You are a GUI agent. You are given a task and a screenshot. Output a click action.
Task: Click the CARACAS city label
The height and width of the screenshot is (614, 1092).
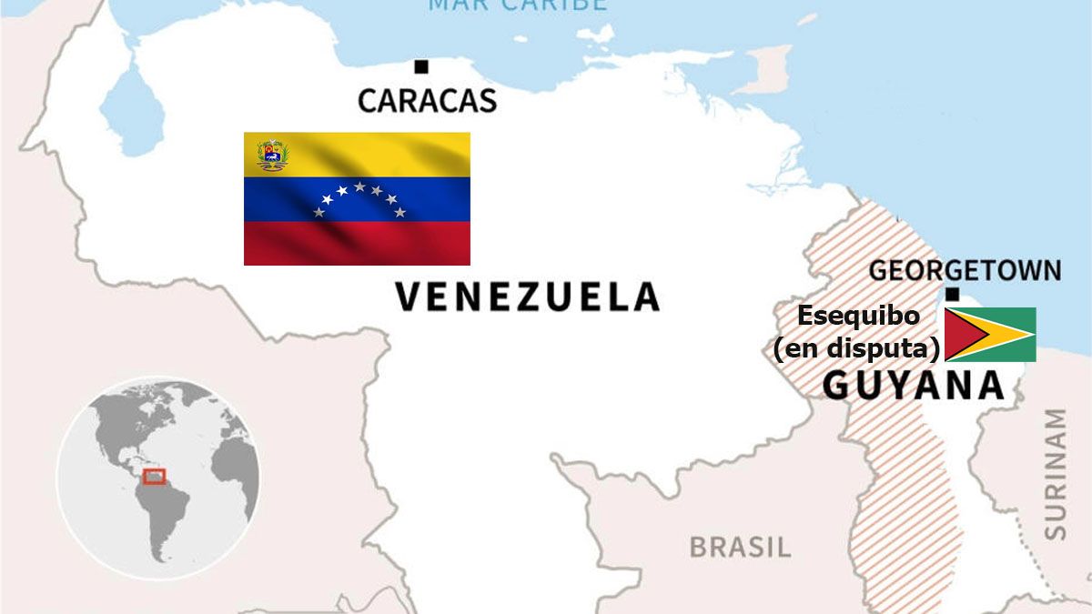[427, 100]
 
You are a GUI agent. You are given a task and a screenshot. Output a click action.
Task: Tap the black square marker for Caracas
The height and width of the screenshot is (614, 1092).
[420, 66]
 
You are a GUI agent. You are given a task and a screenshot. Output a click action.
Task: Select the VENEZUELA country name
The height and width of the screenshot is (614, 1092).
[527, 297]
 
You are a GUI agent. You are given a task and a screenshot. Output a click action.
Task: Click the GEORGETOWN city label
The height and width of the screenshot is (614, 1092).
[965, 270]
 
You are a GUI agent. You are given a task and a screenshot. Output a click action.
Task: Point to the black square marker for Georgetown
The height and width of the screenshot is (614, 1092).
[952, 294]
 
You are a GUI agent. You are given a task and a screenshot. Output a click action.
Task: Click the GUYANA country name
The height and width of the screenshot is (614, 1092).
[914, 386]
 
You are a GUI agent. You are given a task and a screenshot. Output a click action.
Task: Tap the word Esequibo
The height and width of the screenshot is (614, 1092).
[858, 317]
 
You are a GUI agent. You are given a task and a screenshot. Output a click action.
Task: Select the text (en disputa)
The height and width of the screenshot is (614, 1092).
[856, 348]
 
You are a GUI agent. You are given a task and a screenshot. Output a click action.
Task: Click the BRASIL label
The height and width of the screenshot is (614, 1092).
[740, 547]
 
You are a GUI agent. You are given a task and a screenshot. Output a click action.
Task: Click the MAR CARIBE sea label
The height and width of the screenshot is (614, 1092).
[517, 5]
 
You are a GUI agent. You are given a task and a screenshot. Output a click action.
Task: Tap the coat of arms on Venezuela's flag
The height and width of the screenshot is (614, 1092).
[271, 155]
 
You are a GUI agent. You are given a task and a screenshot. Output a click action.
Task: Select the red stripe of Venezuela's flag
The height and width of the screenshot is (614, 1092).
[357, 243]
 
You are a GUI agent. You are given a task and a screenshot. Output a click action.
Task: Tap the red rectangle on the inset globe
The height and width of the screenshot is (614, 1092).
[155, 476]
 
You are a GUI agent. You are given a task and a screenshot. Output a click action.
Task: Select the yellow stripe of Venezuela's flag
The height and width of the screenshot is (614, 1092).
[382, 153]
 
